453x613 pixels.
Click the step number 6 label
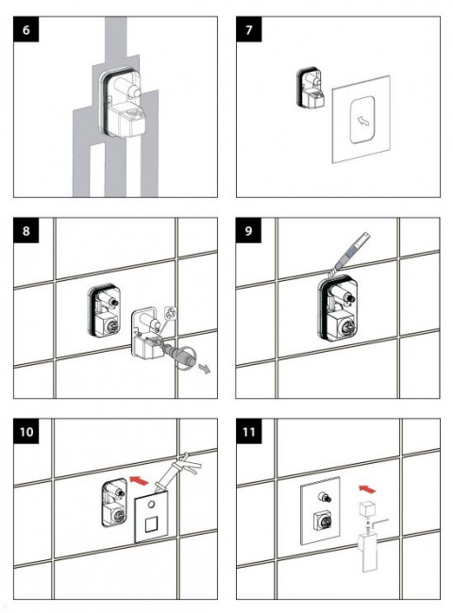click(x=26, y=29)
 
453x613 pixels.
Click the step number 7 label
click(x=249, y=29)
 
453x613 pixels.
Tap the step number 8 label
click(x=26, y=230)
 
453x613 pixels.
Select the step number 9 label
click(x=248, y=230)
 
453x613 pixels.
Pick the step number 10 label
click(x=26, y=431)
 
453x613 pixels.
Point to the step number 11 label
click(x=249, y=431)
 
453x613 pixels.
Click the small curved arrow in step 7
click(x=363, y=122)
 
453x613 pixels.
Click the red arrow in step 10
click(x=140, y=480)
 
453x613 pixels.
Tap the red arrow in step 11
click(x=367, y=489)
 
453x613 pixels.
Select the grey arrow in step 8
click(x=204, y=368)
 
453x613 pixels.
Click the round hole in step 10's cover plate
click(x=151, y=505)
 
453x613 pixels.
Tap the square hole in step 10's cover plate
click(x=151, y=524)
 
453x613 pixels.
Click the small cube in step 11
click(x=367, y=509)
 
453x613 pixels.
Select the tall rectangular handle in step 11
click(x=368, y=554)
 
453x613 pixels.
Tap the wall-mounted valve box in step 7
click(x=310, y=89)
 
